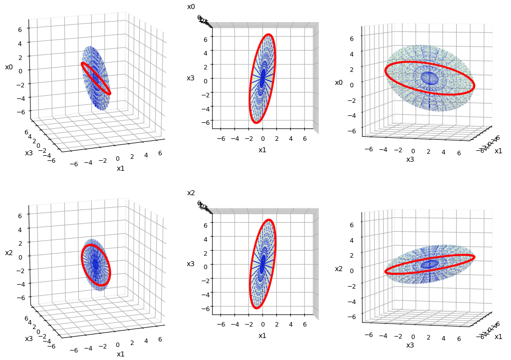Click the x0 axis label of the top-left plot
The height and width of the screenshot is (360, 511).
[x=9, y=67]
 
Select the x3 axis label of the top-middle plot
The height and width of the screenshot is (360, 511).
[x=191, y=78]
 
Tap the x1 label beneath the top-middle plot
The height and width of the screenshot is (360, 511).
[x=262, y=150]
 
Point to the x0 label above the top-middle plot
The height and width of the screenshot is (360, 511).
[x=191, y=7]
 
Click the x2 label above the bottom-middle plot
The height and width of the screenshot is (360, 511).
[x=191, y=193]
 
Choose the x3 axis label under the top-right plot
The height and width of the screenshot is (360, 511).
[x=410, y=159]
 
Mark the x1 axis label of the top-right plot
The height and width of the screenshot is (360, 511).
[x=498, y=151]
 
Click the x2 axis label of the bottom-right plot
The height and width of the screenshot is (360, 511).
[x=339, y=269]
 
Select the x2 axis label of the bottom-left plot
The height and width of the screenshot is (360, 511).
[x=9, y=253]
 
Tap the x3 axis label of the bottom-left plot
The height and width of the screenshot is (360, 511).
[x=29, y=339]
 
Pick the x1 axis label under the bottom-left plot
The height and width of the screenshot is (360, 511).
[x=121, y=354]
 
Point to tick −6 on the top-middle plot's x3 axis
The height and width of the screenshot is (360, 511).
[x=205, y=121]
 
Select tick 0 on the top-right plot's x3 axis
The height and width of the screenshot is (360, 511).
[x=413, y=151]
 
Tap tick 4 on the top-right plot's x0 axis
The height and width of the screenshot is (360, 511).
[x=351, y=54]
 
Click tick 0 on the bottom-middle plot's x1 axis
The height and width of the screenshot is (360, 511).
[x=263, y=324]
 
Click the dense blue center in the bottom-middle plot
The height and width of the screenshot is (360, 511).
[x=262, y=264]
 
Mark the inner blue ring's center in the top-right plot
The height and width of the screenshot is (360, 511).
[x=428, y=78]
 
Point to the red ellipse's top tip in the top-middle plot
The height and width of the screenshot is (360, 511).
[x=269, y=34]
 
